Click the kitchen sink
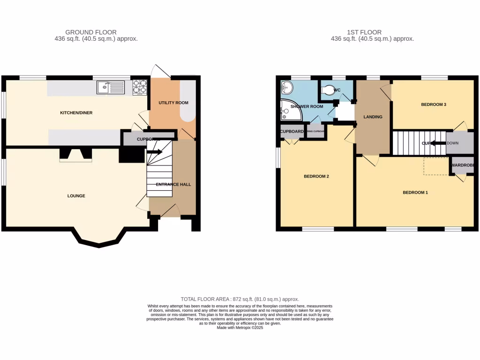point(111,87)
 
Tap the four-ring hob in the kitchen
point(140,87)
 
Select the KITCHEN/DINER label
point(76,113)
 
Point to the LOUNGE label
point(76,196)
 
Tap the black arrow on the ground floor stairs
point(155,152)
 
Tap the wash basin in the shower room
point(286,87)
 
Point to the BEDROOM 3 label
point(433,105)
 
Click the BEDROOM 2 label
point(316,177)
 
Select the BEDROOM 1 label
point(415,193)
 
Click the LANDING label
point(373,117)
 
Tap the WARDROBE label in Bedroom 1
point(463,165)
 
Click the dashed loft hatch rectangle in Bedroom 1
point(436,166)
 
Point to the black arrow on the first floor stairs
point(438,143)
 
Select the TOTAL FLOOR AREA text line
point(240,299)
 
